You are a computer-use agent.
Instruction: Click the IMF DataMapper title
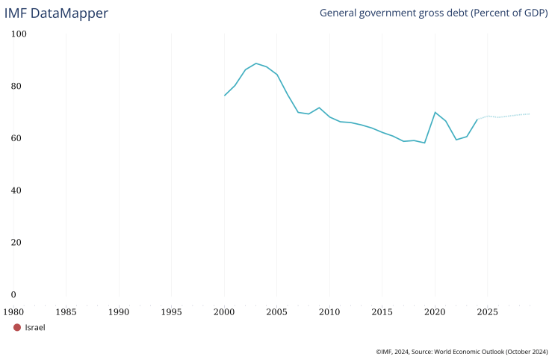coord(56,13)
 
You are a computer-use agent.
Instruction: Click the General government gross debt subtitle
coord(433,13)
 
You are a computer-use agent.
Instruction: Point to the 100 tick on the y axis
coord(19,34)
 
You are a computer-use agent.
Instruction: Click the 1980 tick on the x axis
coord(13,311)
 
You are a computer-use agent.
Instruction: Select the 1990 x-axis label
coord(119,311)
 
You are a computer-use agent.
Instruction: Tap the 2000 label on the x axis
coord(224,311)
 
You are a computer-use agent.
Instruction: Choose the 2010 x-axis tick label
coord(329,311)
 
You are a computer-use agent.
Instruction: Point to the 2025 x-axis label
coord(487,311)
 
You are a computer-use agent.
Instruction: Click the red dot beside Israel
coord(17,327)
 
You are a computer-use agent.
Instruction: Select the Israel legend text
coord(35,327)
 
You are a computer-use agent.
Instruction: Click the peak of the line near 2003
coord(256,63)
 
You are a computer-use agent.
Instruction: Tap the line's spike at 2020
coord(435,112)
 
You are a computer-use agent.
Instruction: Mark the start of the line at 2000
coord(225,95)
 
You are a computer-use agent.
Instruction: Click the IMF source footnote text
coord(462,350)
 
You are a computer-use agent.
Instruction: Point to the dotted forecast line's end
coord(530,114)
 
